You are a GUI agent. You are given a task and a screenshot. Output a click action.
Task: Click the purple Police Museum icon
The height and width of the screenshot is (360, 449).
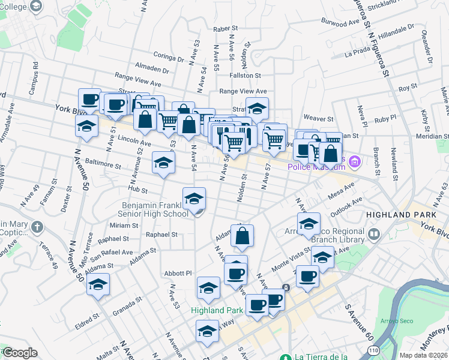pos(355,161)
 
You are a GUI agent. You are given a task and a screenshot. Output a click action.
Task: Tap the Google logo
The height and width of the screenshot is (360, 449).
pos(20,353)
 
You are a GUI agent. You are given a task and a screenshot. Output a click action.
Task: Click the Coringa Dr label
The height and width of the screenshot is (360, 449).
pos(169,59)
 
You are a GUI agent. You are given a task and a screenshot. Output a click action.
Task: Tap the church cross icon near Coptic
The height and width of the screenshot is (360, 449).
pos(38,227)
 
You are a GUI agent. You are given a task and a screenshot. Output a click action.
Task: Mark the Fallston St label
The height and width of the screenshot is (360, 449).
pos(246,76)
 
